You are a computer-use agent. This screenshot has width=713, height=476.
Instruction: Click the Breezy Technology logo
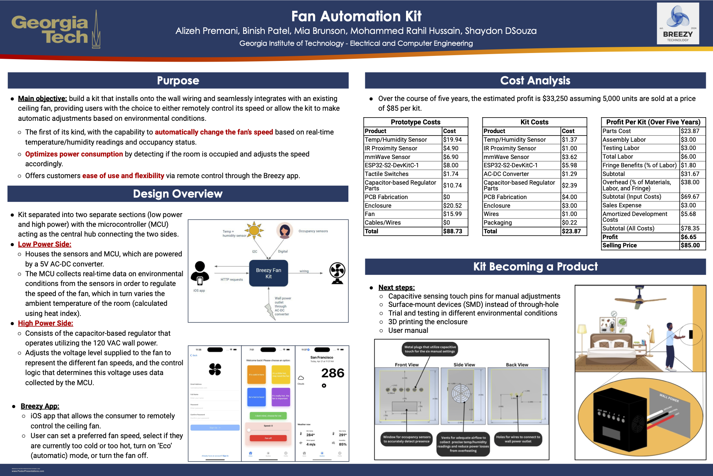678,24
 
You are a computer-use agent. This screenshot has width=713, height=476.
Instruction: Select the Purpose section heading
178,80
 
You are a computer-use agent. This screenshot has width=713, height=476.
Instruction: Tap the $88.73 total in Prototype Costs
453,231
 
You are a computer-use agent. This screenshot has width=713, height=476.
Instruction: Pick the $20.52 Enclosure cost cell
453,206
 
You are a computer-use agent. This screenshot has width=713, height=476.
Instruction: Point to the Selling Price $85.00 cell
690,245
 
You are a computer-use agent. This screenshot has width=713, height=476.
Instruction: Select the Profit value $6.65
688,237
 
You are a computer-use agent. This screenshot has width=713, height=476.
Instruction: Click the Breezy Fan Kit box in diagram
268,273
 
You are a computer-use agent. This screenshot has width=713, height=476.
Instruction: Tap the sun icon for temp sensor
254,230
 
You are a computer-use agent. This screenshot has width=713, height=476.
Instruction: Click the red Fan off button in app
268,438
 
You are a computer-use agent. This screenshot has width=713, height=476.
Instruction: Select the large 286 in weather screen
333,373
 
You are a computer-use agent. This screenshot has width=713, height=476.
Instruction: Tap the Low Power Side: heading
45,244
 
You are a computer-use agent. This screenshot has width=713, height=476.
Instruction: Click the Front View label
406,365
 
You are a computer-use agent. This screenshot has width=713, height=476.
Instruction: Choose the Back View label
517,365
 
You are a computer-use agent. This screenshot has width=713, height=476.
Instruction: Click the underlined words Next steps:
396,287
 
